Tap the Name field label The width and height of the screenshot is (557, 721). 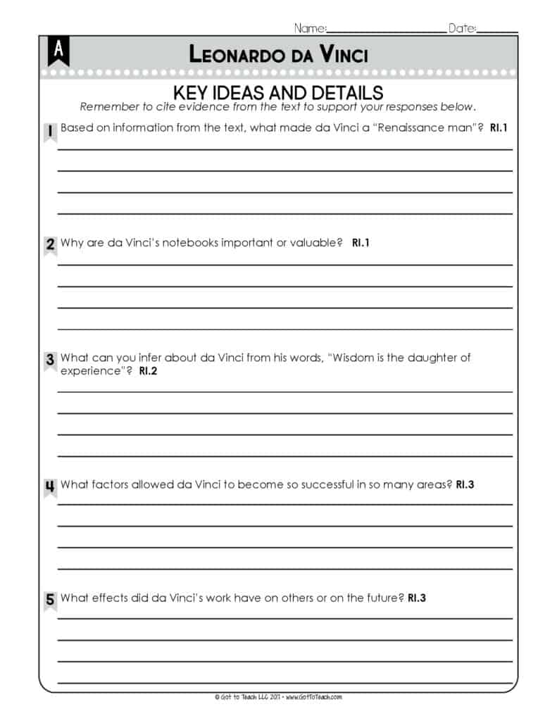(310, 28)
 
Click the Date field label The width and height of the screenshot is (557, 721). (462, 28)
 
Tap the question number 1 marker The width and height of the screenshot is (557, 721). (50, 131)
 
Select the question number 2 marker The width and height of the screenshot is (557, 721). (50, 245)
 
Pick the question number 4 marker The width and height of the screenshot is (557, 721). (50, 487)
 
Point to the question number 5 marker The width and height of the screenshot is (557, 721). (50, 601)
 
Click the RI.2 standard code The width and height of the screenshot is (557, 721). (148, 370)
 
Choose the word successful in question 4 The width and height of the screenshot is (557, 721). (329, 484)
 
